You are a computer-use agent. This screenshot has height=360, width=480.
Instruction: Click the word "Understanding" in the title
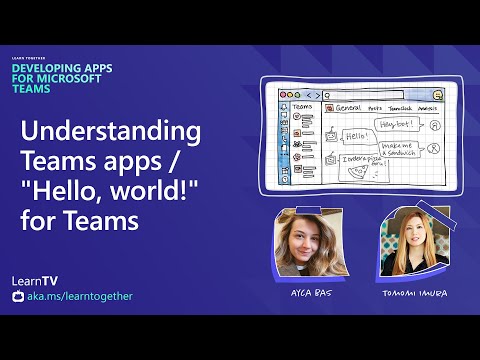tap(112, 133)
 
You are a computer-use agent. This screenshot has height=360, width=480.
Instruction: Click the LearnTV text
tap(48, 279)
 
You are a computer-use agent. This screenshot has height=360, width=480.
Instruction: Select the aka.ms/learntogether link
tap(81, 296)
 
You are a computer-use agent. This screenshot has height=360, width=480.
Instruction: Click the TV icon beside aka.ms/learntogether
tap(15, 297)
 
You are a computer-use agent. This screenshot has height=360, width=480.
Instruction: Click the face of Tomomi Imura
tap(410, 245)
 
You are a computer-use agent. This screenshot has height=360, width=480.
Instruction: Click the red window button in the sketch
tap(284, 93)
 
